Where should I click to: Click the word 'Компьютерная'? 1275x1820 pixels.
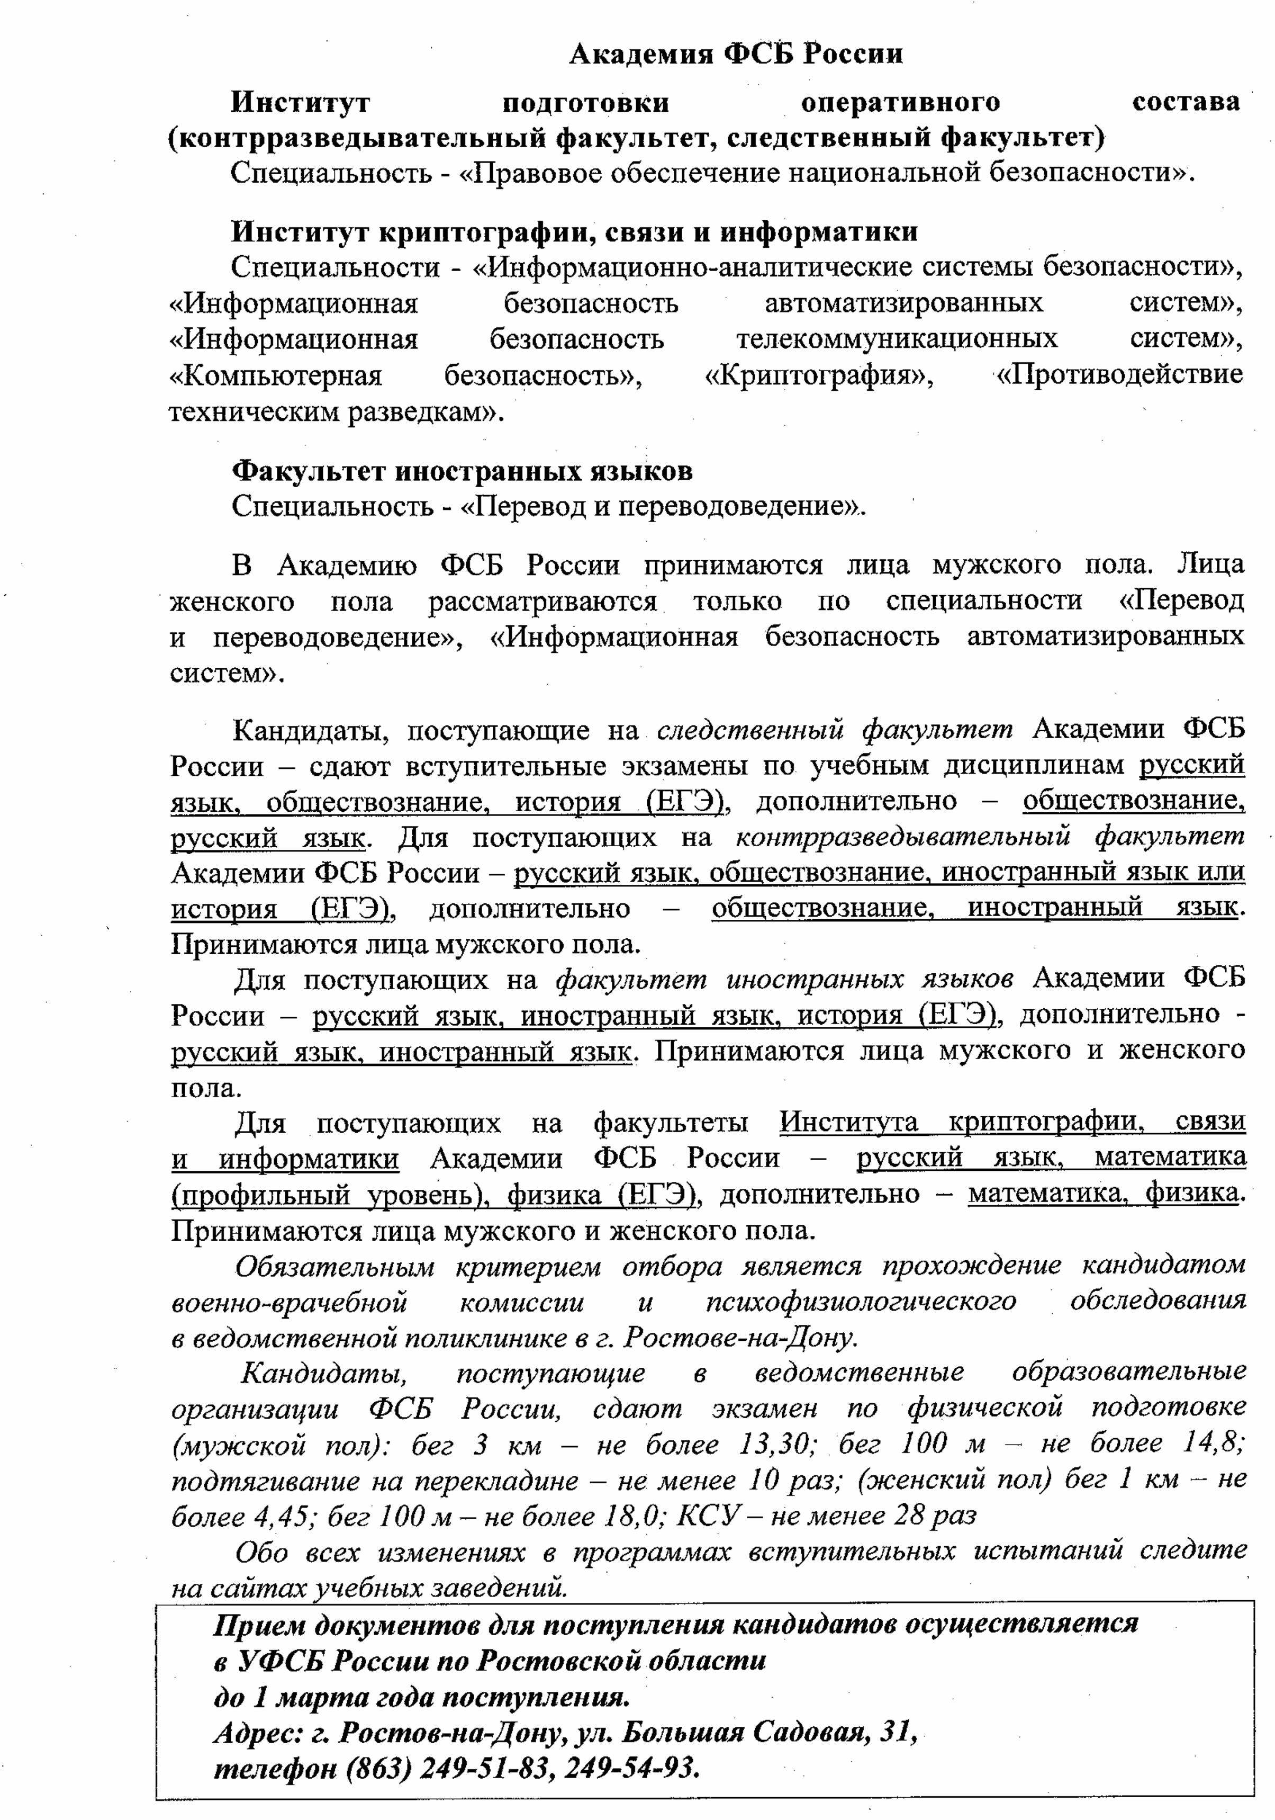[276, 375]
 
